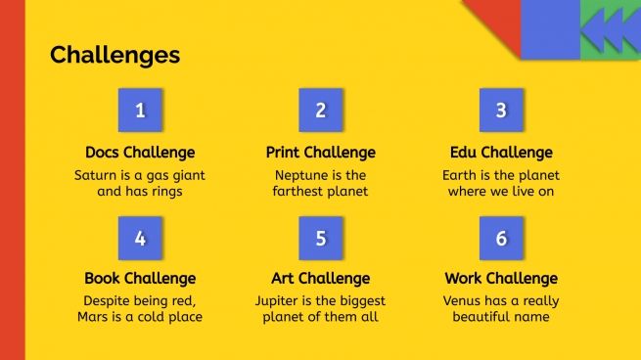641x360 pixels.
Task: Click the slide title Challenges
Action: coord(114,55)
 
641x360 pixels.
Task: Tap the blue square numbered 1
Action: coord(140,111)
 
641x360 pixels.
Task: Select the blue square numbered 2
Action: coord(320,111)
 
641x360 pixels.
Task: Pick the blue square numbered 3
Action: coord(501,111)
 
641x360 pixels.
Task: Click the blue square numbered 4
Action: coord(140,238)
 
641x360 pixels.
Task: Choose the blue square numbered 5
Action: coord(320,238)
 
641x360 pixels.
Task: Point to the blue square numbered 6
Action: coord(501,238)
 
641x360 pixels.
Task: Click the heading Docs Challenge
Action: coord(140,153)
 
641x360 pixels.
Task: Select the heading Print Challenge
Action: coord(320,153)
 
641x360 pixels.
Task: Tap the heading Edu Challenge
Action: coord(501,153)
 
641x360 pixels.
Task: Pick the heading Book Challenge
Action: coord(140,279)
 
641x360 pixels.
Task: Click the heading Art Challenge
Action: coord(320,279)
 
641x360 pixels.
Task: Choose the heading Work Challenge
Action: coord(501,279)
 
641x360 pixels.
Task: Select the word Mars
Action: coord(94,316)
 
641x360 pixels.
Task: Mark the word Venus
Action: coord(464,300)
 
